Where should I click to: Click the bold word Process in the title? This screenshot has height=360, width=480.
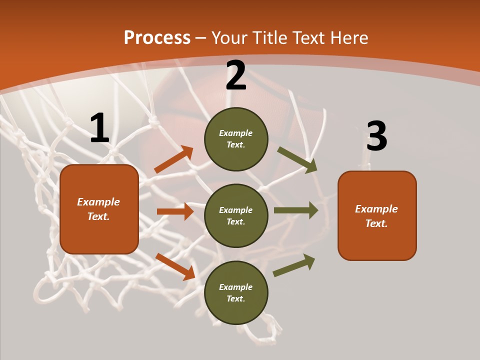[157, 38]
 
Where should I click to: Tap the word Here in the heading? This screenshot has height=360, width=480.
[348, 38]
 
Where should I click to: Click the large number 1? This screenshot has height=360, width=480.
[99, 128]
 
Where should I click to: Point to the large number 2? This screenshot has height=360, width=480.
[236, 76]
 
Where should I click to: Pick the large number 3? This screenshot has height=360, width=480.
[376, 136]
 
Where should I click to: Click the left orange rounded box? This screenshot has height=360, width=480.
[99, 209]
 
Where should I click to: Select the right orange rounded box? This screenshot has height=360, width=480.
[377, 216]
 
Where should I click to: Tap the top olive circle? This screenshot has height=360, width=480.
[236, 139]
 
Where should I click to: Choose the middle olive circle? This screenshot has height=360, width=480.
[236, 216]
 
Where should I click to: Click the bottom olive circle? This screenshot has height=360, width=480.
[236, 293]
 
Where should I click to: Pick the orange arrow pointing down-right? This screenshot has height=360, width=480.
[175, 266]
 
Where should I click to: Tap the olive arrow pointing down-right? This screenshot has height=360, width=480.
[297, 160]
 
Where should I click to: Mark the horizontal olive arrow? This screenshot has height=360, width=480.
[296, 210]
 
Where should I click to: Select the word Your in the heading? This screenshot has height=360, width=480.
[229, 38]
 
